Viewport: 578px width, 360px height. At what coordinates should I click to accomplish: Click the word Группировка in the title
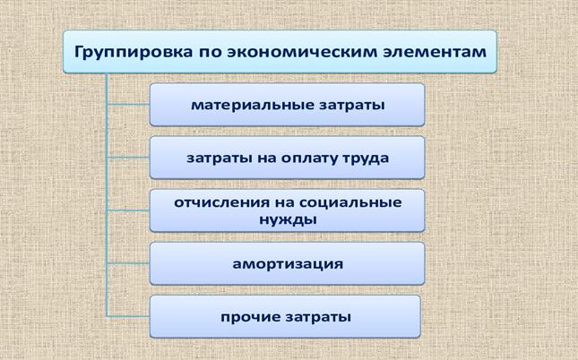coord(134,52)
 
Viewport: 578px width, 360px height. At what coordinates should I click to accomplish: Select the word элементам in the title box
coord(435,52)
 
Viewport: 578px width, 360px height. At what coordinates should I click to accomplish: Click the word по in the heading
coord(210,53)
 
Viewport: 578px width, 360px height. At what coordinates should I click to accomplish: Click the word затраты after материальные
coord(352,106)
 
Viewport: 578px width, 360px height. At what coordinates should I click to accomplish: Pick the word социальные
coord(350,202)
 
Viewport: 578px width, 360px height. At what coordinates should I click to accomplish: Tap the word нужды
coord(288,220)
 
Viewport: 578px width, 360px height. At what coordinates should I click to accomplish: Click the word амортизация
coord(288,264)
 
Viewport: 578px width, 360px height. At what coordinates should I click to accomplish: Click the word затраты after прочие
coord(318,317)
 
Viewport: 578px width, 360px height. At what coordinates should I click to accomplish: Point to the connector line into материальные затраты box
coord(128,105)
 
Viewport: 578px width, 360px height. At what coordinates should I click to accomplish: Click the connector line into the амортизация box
coord(128,263)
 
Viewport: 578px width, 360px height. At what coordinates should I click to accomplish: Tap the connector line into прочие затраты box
coord(128,316)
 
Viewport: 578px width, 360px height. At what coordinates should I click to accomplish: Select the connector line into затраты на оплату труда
coord(128,158)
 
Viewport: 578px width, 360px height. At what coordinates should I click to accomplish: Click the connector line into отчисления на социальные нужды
coord(128,210)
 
